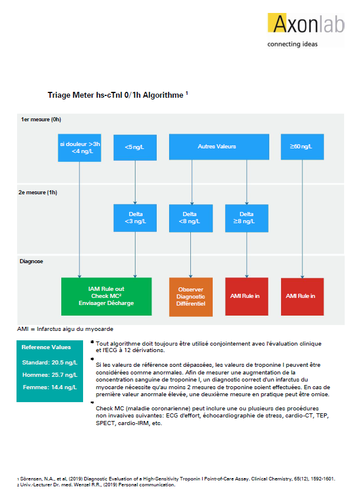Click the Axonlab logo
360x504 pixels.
(x=306, y=30)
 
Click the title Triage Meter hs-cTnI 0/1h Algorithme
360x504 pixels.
(x=118, y=95)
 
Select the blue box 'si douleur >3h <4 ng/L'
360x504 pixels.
(x=80, y=148)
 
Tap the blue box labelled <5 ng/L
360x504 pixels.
(x=135, y=147)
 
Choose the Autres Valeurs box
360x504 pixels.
(x=219, y=147)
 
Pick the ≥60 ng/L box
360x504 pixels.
(x=302, y=147)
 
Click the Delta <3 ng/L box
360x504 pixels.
(x=135, y=218)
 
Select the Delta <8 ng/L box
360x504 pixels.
(x=191, y=218)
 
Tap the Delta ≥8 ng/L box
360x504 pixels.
(x=247, y=218)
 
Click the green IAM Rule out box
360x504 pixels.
(x=107, y=296)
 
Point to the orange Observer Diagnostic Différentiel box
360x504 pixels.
(x=191, y=297)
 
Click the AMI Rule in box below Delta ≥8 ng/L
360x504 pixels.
(x=247, y=296)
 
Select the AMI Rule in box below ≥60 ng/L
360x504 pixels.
(x=302, y=296)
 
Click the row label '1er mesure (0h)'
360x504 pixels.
(x=41, y=120)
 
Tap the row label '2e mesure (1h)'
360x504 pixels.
(x=38, y=193)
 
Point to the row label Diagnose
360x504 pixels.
(x=31, y=261)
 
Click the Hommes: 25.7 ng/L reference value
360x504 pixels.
(x=50, y=375)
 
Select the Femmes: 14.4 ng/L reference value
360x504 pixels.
(x=50, y=387)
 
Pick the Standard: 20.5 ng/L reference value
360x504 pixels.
(x=50, y=363)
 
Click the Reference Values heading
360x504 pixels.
(x=47, y=347)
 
